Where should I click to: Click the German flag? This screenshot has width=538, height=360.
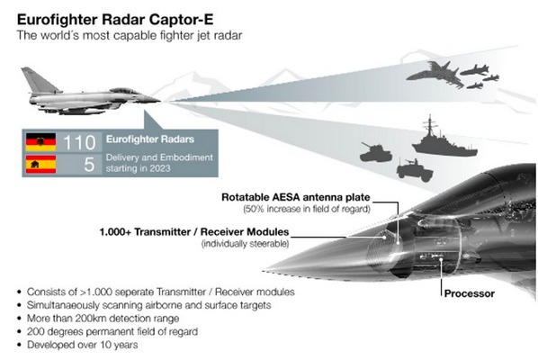pyautogui.click(x=40, y=142)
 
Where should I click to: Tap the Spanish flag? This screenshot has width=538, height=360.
pyautogui.click(x=40, y=165)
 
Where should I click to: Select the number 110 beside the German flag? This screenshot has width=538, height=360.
pyautogui.click(x=79, y=142)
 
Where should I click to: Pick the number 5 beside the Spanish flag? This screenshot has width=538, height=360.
pyautogui.click(x=89, y=165)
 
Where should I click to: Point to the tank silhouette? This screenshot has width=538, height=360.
pyautogui.click(x=375, y=153)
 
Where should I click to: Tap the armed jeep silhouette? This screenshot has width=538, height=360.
pyautogui.click(x=415, y=170)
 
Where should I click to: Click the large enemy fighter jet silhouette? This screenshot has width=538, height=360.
pyautogui.click(x=435, y=74)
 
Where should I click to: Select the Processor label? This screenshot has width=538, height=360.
pyautogui.click(x=470, y=293)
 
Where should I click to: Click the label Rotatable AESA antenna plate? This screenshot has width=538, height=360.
pyautogui.click(x=296, y=197)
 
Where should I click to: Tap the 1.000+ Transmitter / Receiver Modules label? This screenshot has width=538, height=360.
pyautogui.click(x=194, y=232)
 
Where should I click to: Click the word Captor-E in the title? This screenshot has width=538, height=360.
pyautogui.click(x=181, y=20)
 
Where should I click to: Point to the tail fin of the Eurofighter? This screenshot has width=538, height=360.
pyautogui.click(x=39, y=79)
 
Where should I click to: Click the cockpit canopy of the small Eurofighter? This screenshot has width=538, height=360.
pyautogui.click(x=124, y=91)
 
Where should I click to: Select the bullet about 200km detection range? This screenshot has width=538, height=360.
pyautogui.click(x=103, y=319)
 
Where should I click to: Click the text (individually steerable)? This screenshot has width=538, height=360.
pyautogui.click(x=245, y=244)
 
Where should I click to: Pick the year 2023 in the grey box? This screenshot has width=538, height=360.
pyautogui.click(x=160, y=168)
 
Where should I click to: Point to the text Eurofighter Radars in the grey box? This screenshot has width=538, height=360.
pyautogui.click(x=150, y=139)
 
